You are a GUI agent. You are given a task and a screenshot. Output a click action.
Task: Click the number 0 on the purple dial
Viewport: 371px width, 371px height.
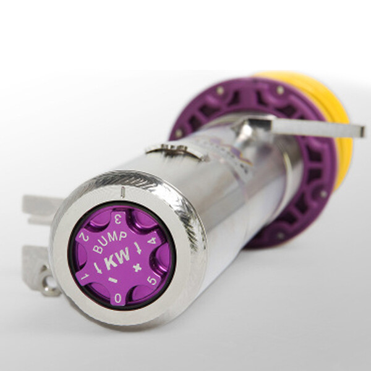pyautogui.click(x=118, y=299)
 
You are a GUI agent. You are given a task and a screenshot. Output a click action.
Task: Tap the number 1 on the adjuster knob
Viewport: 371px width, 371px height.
pyautogui.click(x=85, y=276)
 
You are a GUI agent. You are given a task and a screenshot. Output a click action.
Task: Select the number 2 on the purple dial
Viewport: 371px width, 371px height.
pyautogui.click(x=83, y=237)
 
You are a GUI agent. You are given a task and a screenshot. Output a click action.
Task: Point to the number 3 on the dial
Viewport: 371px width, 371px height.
pyautogui.click(x=118, y=220)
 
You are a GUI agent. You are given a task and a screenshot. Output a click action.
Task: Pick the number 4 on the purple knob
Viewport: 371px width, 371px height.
pyautogui.click(x=151, y=240)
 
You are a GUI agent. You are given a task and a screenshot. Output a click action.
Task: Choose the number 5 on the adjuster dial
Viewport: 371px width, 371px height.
pyautogui.click(x=152, y=281)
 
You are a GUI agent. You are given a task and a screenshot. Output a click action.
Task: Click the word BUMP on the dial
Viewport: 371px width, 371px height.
pyautogui.click(x=109, y=242)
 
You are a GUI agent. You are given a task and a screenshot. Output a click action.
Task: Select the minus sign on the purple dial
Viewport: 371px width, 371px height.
pyautogui.click(x=113, y=280)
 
